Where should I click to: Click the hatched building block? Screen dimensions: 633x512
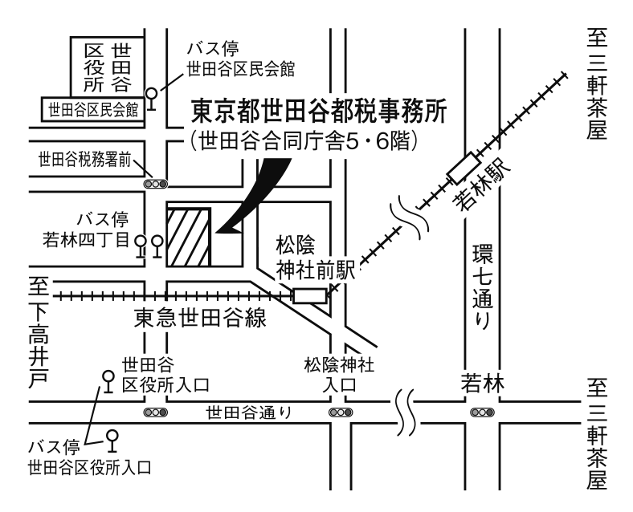pos(189,237)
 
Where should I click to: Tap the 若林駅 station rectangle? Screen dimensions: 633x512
pos(464,168)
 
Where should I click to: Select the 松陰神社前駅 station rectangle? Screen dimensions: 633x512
pos(309,296)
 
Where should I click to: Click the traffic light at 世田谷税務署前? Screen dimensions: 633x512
pos(155,185)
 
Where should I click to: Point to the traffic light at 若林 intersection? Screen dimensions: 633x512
pos(482,412)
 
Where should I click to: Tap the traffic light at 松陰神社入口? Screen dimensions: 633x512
pos(341,412)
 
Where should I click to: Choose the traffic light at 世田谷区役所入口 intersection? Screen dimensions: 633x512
pos(155,412)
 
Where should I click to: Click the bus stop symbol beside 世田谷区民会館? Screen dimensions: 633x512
pos(152,99)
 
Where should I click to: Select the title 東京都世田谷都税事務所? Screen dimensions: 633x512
pos(319,112)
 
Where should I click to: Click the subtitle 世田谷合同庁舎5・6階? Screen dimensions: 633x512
pos(303,141)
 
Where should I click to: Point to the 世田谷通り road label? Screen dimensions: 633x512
pos(249,412)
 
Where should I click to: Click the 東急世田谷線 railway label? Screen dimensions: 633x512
pos(200,317)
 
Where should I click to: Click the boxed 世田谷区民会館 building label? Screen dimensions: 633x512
pos(93,109)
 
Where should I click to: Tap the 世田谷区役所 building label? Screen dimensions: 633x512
pos(108,67)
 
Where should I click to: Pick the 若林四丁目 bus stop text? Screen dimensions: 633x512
pos(86,240)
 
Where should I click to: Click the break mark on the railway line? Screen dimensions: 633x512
pos(409,217)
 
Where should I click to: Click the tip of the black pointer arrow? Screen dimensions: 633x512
pos(216,232)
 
